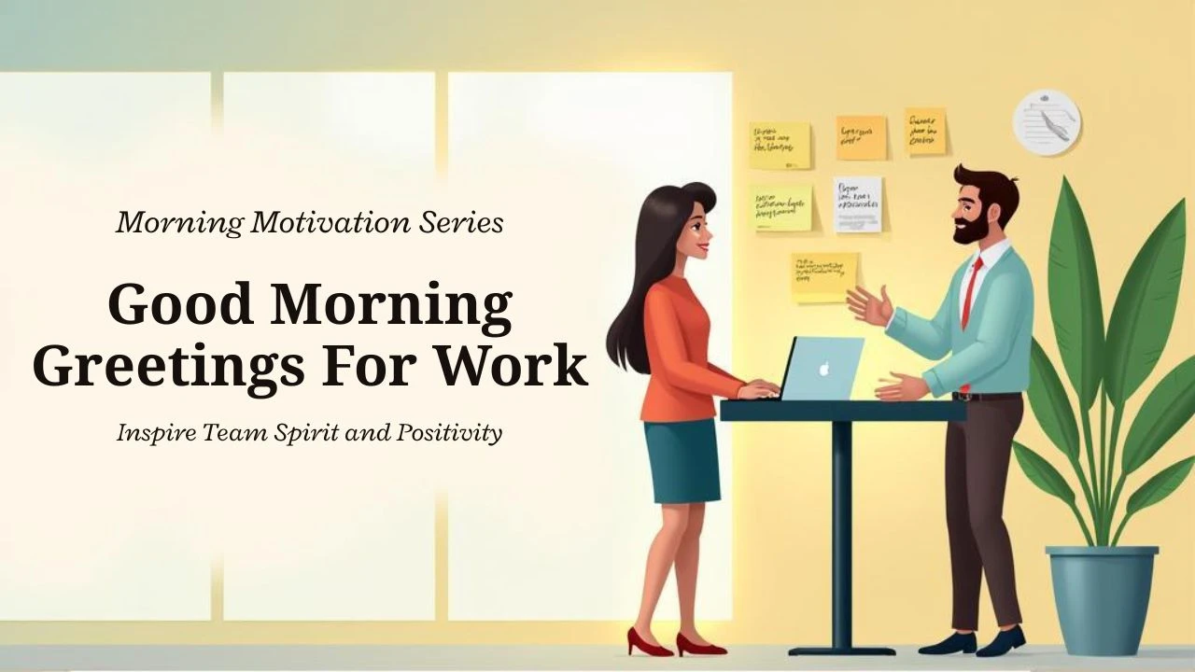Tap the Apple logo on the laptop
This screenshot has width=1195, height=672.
[823, 368]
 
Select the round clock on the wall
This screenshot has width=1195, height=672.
[1047, 122]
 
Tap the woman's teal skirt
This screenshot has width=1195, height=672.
[682, 461]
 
